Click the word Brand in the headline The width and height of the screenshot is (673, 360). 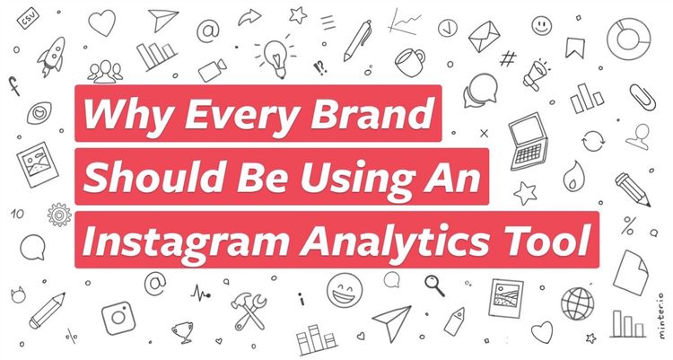point(371,113)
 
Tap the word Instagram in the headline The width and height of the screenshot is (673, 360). point(186,241)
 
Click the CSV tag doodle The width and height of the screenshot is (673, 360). point(29,19)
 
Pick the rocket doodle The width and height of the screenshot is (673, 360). point(52,56)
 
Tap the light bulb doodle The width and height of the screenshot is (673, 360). point(275,58)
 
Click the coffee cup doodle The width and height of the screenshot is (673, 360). point(409,62)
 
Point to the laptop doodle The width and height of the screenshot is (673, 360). point(529,141)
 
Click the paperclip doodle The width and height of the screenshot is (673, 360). point(642,98)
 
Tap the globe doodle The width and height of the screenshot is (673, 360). point(578,303)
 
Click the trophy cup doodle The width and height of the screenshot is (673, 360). point(183,332)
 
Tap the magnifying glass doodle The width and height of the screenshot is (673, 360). point(434,285)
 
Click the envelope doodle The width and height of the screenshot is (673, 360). point(485,36)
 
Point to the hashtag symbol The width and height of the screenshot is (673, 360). point(508,58)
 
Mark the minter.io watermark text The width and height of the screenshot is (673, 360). point(661,316)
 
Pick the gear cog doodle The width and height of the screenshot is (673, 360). point(59,215)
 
